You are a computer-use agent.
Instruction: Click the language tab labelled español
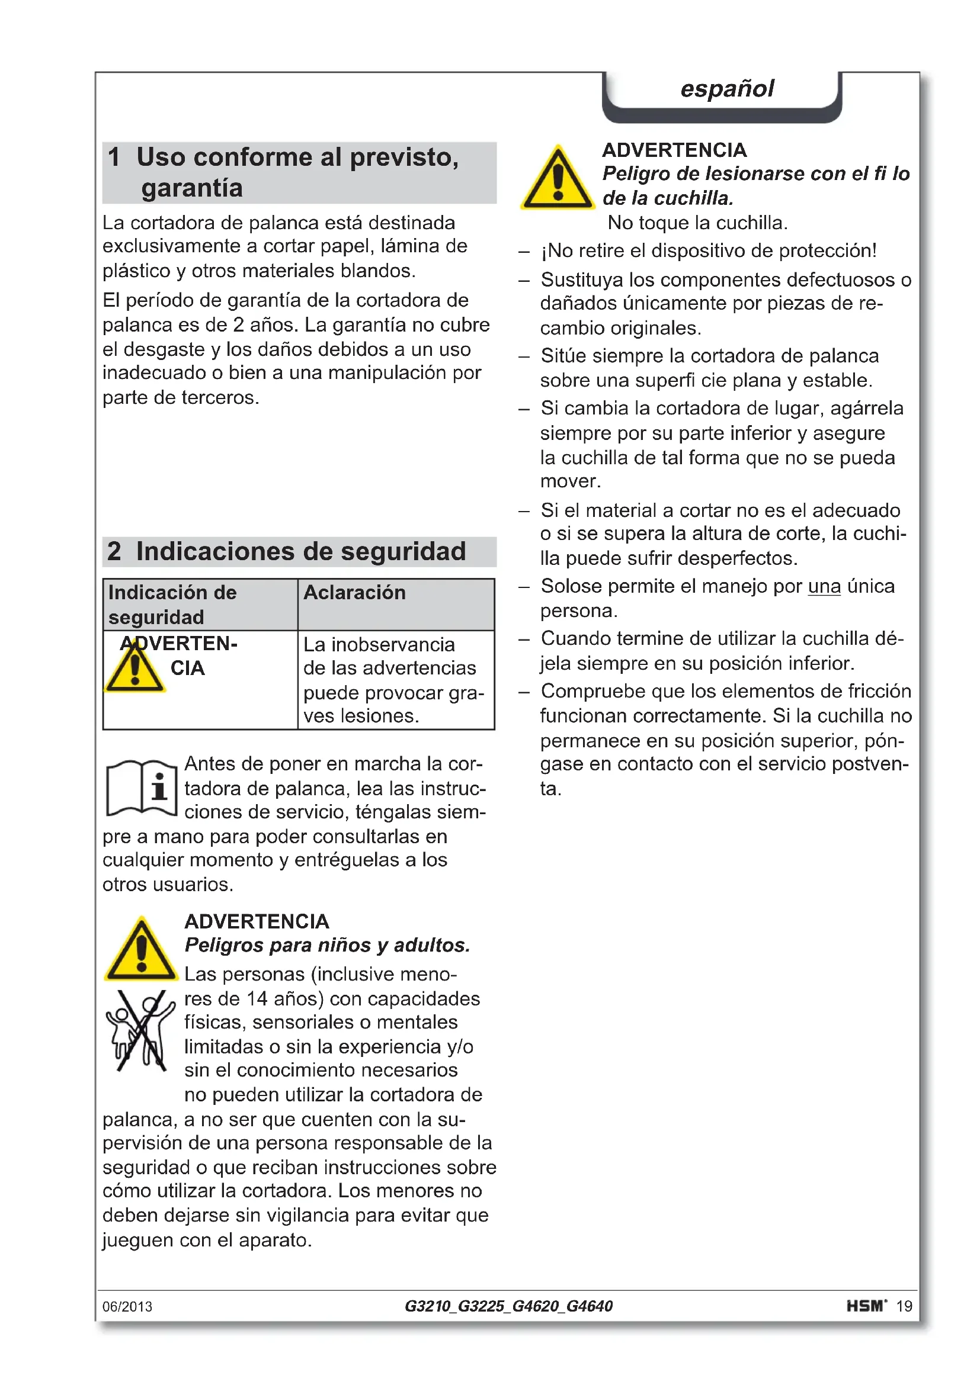click(726, 89)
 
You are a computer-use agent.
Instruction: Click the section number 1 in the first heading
click(114, 157)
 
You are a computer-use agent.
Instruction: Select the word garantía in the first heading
click(192, 188)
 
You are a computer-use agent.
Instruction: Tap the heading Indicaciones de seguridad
click(300, 551)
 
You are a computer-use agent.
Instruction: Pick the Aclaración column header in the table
click(354, 592)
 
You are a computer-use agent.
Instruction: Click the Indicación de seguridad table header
click(172, 605)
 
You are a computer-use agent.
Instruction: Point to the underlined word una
click(824, 586)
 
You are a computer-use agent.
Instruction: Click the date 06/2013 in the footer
click(127, 1307)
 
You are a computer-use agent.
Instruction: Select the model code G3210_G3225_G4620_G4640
click(508, 1306)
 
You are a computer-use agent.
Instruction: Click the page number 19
click(904, 1307)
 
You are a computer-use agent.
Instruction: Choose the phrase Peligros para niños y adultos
click(327, 945)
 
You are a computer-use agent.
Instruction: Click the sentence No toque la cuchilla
click(697, 223)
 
